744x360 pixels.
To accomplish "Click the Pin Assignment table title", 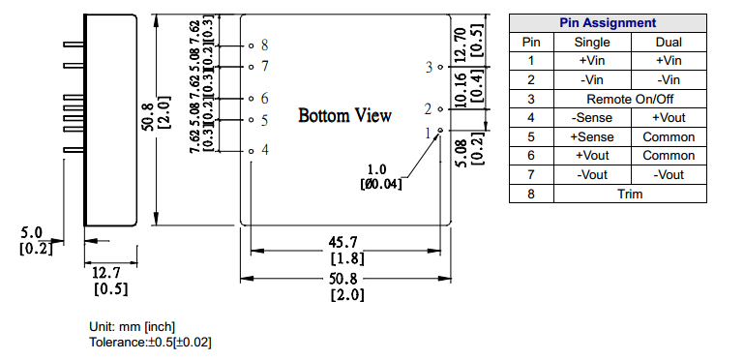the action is point(608,23).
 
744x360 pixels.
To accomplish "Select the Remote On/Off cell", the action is point(630,99).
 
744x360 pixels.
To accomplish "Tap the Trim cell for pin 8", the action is point(630,194).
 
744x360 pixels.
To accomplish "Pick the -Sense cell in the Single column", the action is point(592,118).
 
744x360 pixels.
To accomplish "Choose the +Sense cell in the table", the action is point(592,137).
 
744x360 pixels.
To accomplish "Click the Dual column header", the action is point(669,43).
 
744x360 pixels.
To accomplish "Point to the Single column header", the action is point(592,43).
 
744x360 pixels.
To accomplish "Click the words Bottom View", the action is point(345,115).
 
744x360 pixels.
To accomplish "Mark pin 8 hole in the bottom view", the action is point(252,46).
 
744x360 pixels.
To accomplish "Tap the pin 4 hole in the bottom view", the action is point(252,151).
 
